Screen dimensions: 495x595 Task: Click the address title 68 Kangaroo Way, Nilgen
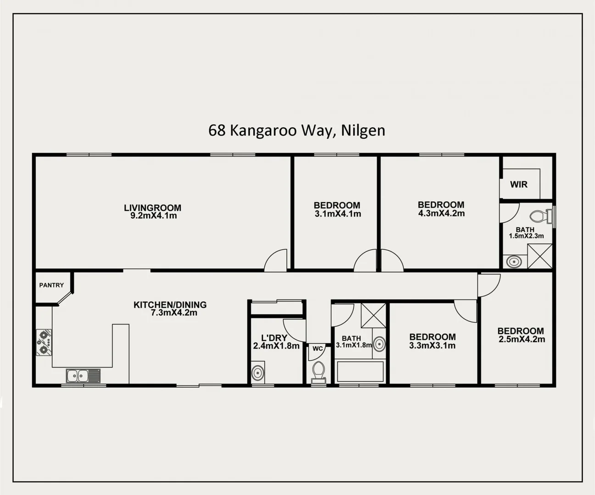tap(297, 131)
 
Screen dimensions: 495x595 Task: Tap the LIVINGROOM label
tap(152, 208)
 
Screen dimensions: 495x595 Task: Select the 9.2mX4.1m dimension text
tap(153, 216)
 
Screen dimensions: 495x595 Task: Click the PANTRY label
tap(51, 285)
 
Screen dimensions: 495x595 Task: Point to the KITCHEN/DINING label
tap(170, 304)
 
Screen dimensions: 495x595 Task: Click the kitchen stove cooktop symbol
tap(44, 342)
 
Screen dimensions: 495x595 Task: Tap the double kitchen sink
tap(83, 376)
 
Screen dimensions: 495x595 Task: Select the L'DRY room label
tap(274, 338)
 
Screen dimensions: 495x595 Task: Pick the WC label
tap(318, 349)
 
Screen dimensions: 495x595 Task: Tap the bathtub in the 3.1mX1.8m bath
tap(360, 372)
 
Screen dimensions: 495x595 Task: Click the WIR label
tap(518, 185)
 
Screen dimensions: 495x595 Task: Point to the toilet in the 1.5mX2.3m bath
tap(539, 215)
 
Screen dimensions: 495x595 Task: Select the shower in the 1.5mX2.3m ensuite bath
tap(539, 256)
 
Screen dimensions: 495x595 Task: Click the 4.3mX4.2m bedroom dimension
tap(441, 214)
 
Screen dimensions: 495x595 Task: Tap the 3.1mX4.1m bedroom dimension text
tap(338, 214)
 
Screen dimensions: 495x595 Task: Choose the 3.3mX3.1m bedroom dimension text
tap(432, 346)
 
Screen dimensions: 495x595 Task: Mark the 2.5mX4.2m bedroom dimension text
tap(522, 340)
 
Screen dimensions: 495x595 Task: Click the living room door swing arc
tap(275, 259)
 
